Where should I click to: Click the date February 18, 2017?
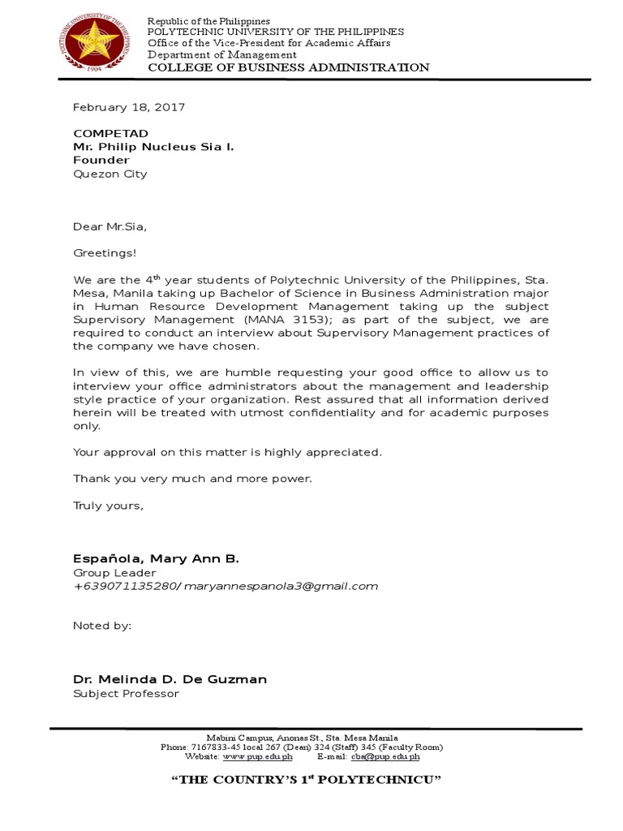(x=129, y=107)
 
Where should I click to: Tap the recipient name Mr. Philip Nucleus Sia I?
(x=154, y=148)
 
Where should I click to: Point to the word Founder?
(x=101, y=161)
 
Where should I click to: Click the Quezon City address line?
(x=110, y=174)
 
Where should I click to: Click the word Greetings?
(x=105, y=253)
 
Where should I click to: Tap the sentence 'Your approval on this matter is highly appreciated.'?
(x=227, y=452)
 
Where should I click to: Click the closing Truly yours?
(x=108, y=505)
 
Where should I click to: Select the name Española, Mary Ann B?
(x=156, y=559)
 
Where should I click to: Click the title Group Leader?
(x=114, y=573)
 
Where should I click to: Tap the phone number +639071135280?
(x=125, y=586)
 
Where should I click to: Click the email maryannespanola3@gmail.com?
(x=281, y=586)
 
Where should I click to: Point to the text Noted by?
(x=102, y=626)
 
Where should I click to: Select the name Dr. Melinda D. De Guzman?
(x=170, y=679)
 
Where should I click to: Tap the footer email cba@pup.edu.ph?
(x=385, y=756)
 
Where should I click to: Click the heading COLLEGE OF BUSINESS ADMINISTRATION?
(x=288, y=67)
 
